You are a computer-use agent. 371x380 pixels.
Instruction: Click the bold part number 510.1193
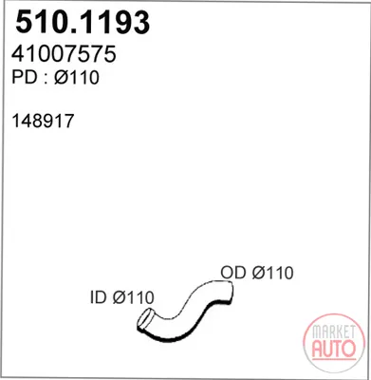coord(83,23)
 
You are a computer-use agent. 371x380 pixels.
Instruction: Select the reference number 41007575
coord(64,54)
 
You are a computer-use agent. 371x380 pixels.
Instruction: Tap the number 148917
coord(43,121)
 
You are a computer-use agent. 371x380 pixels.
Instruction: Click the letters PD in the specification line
coord(24,77)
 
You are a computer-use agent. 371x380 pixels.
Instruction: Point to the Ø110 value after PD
coord(77,77)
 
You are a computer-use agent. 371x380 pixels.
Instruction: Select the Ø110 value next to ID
coord(133,297)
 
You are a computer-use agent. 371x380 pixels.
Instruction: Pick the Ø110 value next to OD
coord(272,273)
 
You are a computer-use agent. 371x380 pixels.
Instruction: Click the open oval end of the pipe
coord(144,320)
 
